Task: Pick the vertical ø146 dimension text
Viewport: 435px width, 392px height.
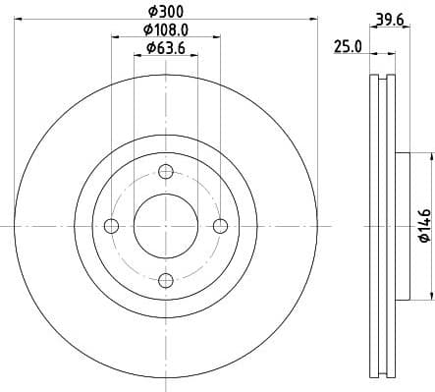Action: tap(423, 225)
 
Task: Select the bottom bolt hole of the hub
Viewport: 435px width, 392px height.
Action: tap(165, 280)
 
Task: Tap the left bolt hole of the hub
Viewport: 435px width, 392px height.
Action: tap(111, 226)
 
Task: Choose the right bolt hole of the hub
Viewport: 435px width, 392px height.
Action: tap(220, 226)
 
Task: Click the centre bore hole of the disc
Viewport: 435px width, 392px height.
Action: tap(165, 226)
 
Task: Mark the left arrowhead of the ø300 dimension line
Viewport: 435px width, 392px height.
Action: tap(22, 18)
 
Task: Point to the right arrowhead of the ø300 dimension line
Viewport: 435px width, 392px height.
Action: tap(308, 18)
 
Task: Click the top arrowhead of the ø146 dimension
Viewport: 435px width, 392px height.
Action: tap(430, 156)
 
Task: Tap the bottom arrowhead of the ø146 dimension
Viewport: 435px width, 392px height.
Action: tap(430, 295)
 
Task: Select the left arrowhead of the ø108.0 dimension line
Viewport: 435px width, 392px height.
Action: tap(115, 37)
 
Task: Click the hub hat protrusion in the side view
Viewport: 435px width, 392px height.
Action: tap(401, 225)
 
